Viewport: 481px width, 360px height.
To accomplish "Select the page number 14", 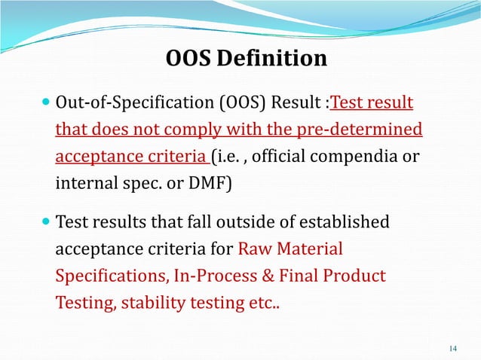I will coord(452,347).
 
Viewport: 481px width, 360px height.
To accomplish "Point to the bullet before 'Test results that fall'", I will coord(47,223).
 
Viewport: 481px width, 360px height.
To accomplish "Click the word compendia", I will coord(352,157).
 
